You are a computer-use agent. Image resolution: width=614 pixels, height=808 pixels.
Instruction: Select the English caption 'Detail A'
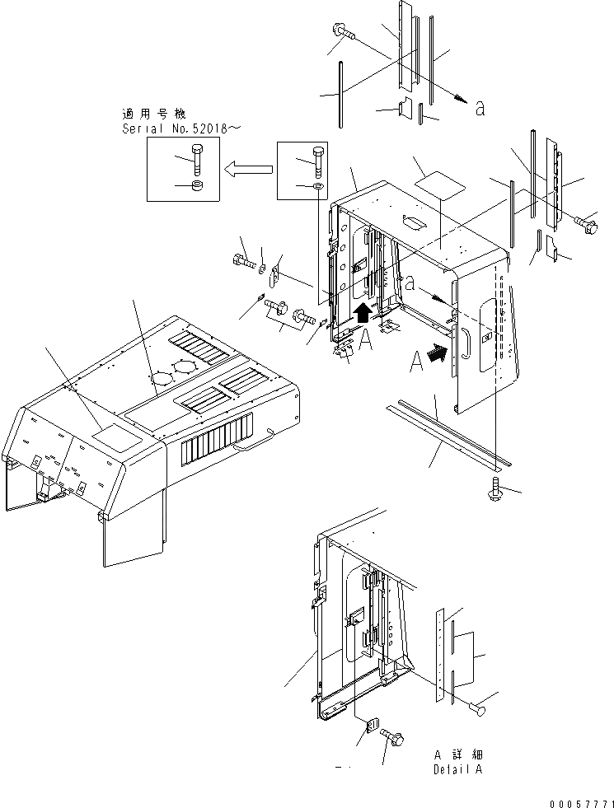[457, 769]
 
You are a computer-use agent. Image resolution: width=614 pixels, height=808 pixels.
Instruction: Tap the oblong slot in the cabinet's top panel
[412, 219]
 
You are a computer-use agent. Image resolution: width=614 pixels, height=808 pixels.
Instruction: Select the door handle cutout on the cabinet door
[466, 341]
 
